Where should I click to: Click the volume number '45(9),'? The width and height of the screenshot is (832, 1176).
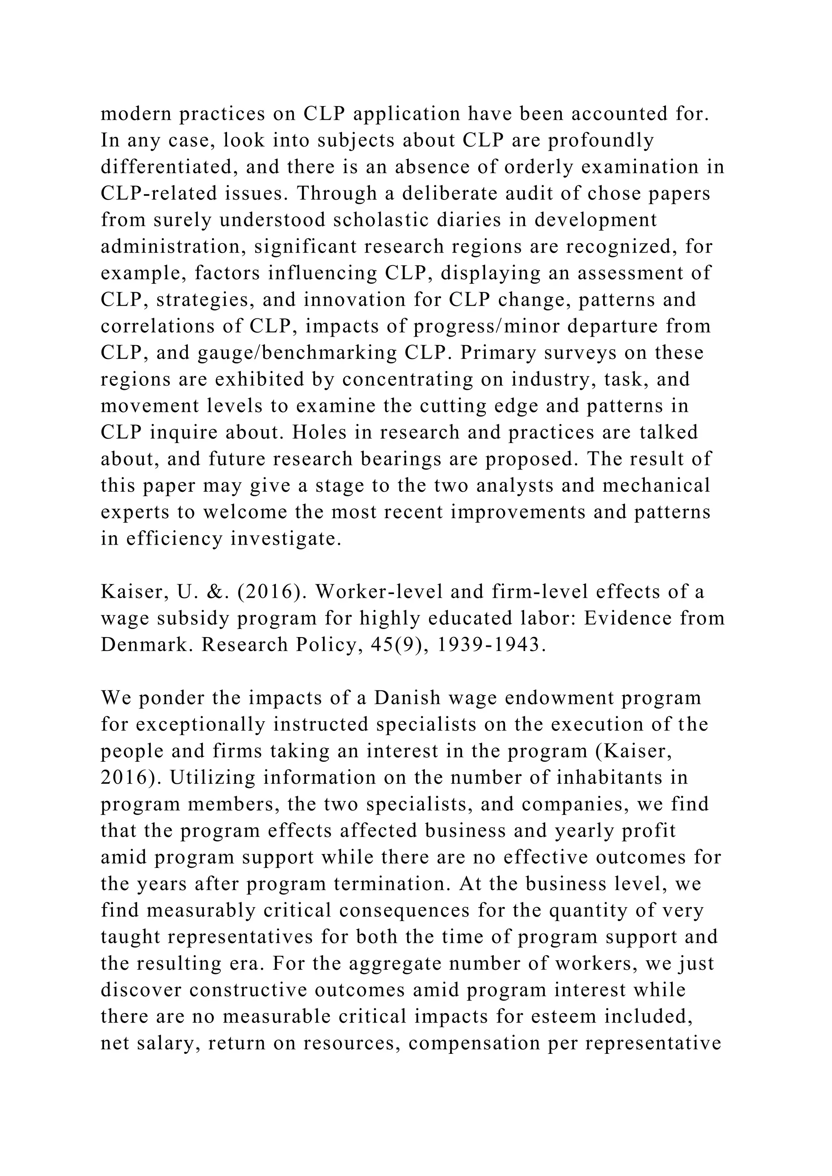(392, 644)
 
